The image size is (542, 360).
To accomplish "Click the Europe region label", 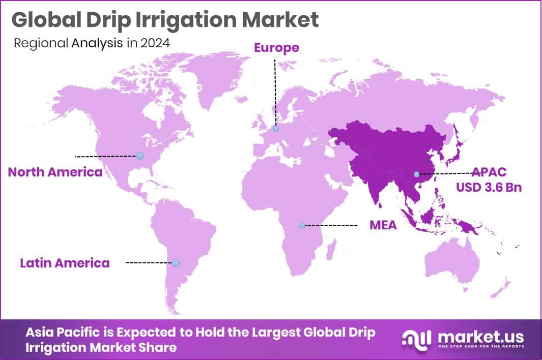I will tap(276, 48).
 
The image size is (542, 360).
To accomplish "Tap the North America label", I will tap(55, 172).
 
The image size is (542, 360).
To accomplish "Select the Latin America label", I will tap(65, 263).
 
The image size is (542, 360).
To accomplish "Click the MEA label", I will tap(383, 225).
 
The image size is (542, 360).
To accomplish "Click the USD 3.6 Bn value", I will tap(489, 188).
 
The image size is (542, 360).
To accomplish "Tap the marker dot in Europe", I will tap(275, 129).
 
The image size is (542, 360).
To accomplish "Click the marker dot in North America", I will tap(140, 156).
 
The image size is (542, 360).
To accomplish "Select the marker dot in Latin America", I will tap(176, 263).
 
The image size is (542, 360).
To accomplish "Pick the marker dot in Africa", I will tap(302, 225).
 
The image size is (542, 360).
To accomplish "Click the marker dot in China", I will tap(416, 174).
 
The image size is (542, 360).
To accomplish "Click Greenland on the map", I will tap(214, 76).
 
